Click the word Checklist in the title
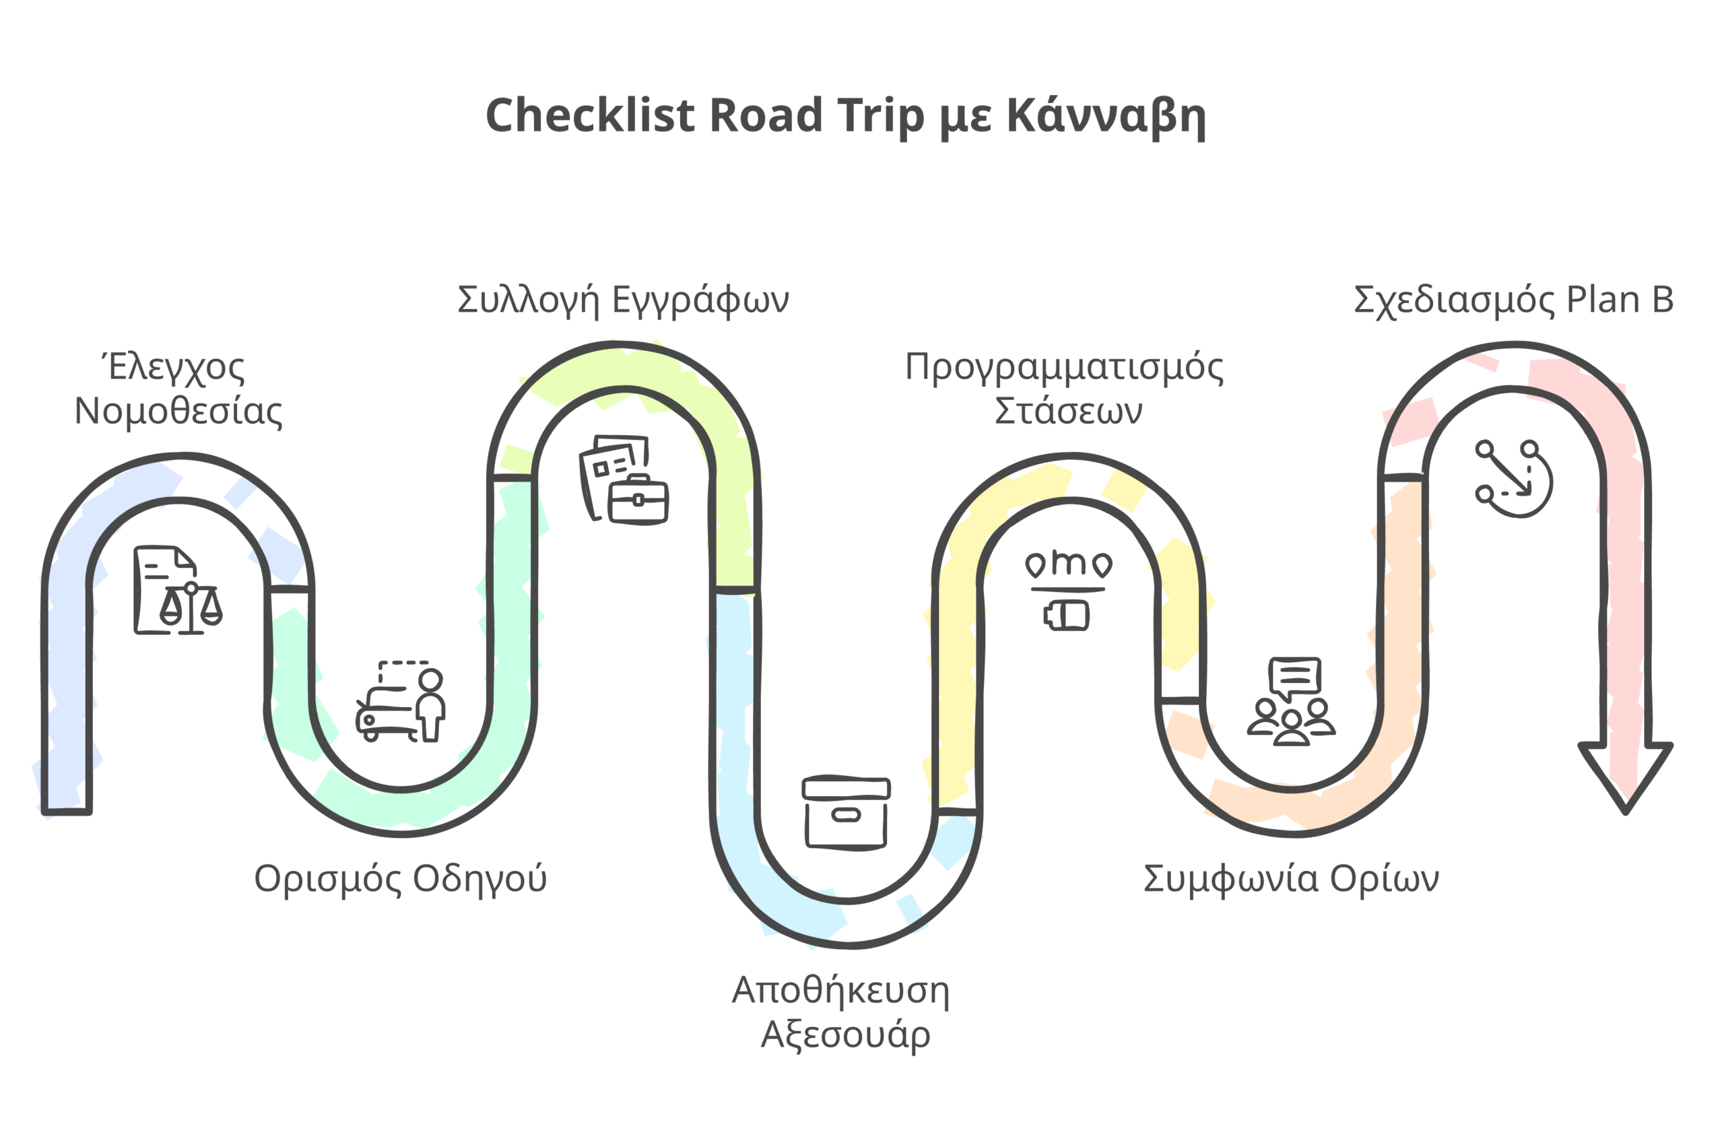click(589, 116)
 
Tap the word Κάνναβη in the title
click(1106, 116)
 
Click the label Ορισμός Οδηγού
click(400, 878)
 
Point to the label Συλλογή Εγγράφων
click(623, 299)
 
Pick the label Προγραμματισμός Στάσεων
click(1064, 389)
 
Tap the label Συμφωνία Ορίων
click(1291, 878)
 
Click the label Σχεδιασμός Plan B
click(1513, 299)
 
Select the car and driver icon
click(400, 702)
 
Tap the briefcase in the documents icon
click(638, 500)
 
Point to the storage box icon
click(847, 812)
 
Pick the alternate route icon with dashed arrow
click(1513, 479)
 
